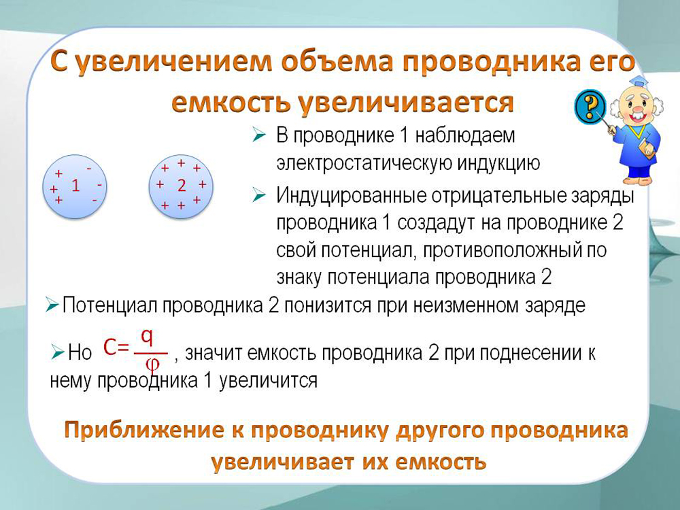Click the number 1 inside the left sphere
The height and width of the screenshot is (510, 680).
tap(75, 186)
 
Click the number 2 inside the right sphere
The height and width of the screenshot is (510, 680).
tap(182, 186)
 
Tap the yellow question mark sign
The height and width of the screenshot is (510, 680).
tap(590, 106)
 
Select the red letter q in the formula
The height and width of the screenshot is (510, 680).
tap(148, 338)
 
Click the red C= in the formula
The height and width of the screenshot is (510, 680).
tap(116, 347)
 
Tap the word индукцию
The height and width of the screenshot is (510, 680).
tap(496, 163)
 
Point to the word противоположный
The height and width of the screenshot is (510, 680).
tap(503, 251)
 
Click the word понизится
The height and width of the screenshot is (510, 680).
tap(328, 306)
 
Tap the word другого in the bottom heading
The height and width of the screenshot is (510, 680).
tap(440, 430)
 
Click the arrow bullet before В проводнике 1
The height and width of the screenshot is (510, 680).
tap(258, 136)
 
